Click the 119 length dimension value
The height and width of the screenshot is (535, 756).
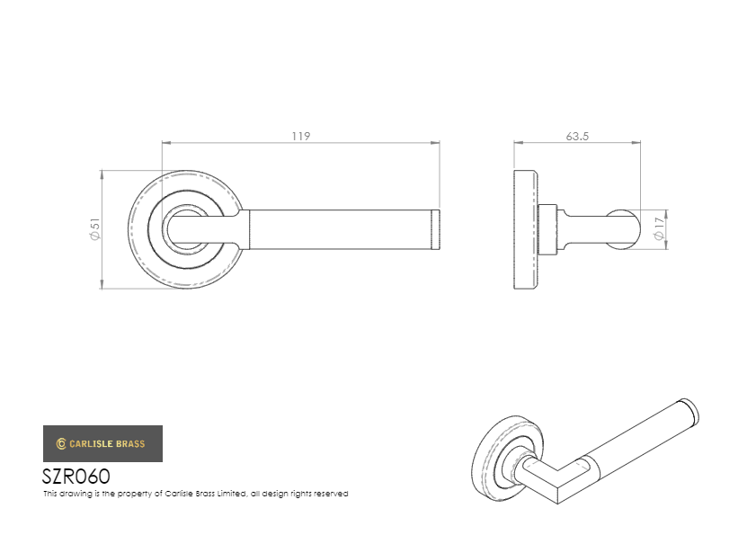pyautogui.click(x=301, y=137)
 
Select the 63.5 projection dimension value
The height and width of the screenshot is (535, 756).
pyautogui.click(x=577, y=137)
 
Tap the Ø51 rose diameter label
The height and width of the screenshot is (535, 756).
pyautogui.click(x=95, y=229)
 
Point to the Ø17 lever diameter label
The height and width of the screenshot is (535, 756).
pyautogui.click(x=659, y=228)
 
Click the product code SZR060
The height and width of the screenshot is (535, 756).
pyautogui.click(x=76, y=477)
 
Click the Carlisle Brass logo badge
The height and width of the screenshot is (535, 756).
pyautogui.click(x=102, y=443)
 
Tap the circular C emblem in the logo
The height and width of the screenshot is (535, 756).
pyautogui.click(x=61, y=443)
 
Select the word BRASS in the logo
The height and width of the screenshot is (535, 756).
pyautogui.click(x=129, y=444)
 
